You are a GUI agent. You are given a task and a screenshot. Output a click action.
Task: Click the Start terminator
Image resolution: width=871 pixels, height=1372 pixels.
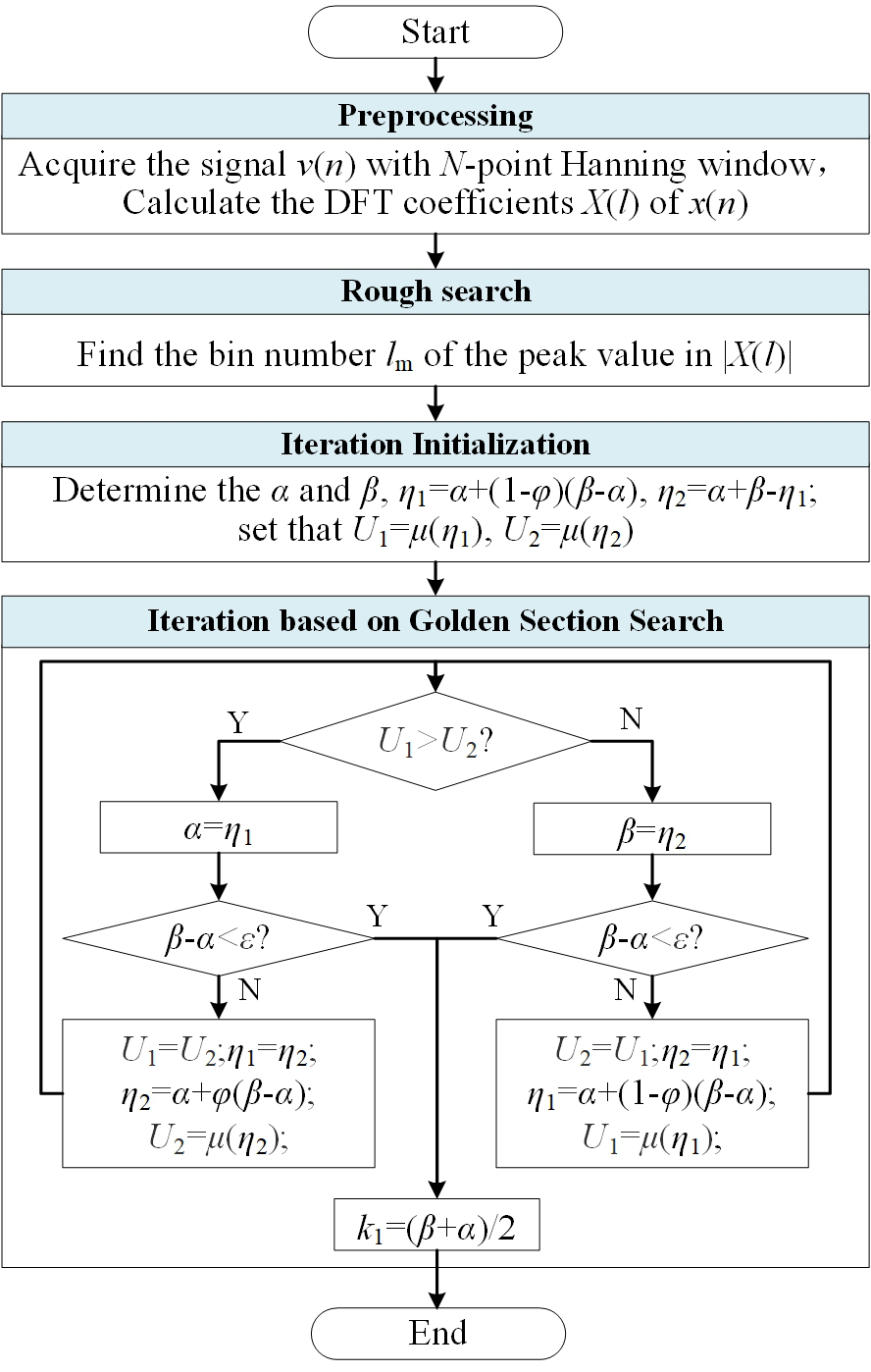(435, 32)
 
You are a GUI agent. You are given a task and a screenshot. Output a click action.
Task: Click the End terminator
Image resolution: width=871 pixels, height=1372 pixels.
(437, 1333)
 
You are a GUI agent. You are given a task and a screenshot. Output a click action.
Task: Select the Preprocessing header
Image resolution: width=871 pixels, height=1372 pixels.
(435, 116)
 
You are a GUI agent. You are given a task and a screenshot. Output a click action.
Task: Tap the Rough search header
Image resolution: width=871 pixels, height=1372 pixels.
(435, 291)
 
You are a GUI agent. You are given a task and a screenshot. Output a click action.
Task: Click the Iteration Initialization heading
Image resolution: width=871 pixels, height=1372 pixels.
(435, 444)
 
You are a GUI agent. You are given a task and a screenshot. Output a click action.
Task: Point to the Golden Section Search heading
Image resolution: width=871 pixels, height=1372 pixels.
(435, 620)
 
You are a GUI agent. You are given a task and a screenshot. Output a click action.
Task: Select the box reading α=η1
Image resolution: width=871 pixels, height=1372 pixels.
(219, 827)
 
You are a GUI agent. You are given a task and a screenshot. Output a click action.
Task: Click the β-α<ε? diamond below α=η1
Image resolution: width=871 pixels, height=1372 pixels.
(218, 939)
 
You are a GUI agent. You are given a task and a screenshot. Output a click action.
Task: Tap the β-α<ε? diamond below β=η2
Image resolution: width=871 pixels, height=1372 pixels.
(652, 939)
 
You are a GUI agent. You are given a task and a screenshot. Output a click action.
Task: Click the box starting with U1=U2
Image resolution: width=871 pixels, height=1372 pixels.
(219, 1092)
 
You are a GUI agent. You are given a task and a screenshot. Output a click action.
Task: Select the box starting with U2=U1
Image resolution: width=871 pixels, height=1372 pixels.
(652, 1092)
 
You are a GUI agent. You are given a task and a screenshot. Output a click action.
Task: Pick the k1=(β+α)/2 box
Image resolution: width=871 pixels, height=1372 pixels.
(436, 1224)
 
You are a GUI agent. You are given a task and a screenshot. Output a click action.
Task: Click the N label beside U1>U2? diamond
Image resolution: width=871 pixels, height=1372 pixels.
(632, 719)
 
